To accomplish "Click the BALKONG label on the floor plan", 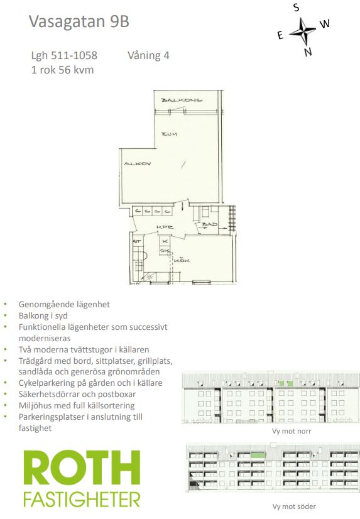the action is (x=182, y=100).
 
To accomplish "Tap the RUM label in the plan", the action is (x=169, y=134).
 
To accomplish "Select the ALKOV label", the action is (x=138, y=163).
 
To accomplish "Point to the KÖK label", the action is (x=182, y=261).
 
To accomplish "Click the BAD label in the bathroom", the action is (x=209, y=224).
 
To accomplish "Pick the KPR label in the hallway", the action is (x=165, y=227).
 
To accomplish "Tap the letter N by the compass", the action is (x=308, y=52).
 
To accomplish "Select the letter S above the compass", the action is (x=296, y=8).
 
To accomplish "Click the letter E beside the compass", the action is (x=280, y=35).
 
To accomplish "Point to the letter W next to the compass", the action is (x=325, y=23).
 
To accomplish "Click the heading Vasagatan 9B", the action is (x=79, y=21).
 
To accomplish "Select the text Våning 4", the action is (x=148, y=55).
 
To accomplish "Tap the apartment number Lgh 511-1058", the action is (x=64, y=55).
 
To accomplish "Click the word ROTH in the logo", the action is (x=82, y=469).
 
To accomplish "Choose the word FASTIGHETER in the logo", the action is (x=82, y=500).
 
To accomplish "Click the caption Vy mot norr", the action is (x=292, y=431).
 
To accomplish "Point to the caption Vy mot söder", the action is (x=294, y=506).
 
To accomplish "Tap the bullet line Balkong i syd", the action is (x=43, y=316).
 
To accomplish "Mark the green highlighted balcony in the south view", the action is (x=258, y=455).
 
